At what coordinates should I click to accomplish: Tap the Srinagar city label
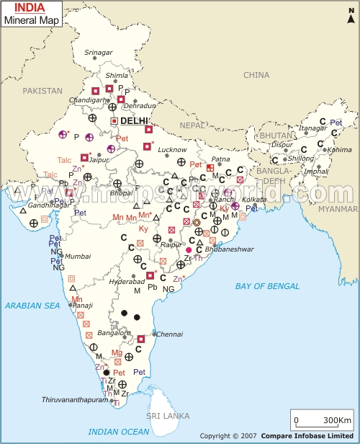click(x=99, y=53)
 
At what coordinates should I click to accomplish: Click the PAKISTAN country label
click(x=42, y=91)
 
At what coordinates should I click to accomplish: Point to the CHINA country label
click(x=256, y=75)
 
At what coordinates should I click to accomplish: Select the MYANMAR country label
click(x=337, y=208)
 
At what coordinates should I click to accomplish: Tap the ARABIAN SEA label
click(x=32, y=306)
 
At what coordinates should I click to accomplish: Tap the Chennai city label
click(x=170, y=334)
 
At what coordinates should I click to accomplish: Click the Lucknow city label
click(x=173, y=149)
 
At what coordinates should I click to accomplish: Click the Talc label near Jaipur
click(x=66, y=159)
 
